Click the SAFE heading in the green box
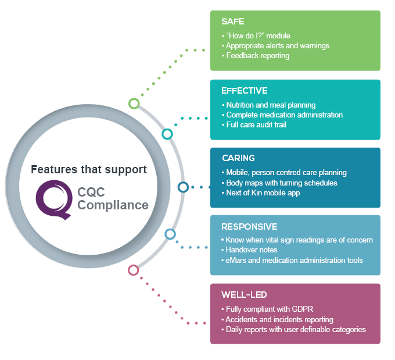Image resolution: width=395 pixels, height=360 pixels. (232, 22)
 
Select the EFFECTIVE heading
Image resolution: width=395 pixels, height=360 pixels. (244, 91)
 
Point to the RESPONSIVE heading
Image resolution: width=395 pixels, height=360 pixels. (249, 226)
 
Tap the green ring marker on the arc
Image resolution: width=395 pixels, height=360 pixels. (134, 104)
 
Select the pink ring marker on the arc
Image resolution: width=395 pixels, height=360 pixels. (134, 270)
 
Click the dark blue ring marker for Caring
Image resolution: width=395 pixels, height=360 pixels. (183, 187)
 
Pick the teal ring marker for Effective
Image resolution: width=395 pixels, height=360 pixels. (167, 134)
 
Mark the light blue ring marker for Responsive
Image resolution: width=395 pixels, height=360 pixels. (170, 234)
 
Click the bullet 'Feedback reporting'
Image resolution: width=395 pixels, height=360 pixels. (257, 56)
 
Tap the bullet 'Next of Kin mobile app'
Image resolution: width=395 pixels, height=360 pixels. (263, 193)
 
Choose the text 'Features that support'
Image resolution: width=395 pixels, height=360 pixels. (89, 170)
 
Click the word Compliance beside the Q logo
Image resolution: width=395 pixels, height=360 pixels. (113, 205)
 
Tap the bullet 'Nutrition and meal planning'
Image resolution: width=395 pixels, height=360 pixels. (271, 105)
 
